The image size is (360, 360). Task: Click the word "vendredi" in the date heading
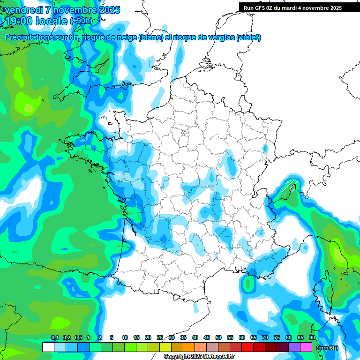23,10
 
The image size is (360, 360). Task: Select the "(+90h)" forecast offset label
81,21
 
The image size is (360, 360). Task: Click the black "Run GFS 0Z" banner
293,8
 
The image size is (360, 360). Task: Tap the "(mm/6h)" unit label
327,347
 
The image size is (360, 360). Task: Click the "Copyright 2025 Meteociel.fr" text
199,357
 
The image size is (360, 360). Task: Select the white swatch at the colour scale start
48,347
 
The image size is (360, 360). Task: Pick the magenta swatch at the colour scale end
306,347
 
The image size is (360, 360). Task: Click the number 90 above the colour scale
312,337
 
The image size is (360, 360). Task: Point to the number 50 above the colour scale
218,337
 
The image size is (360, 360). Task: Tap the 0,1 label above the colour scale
55,337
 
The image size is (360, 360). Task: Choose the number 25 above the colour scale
160,337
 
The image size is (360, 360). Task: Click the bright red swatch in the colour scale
247,347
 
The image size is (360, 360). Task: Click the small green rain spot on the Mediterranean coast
247,283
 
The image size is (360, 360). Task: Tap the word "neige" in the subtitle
124,37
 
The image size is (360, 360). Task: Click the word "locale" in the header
50,21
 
